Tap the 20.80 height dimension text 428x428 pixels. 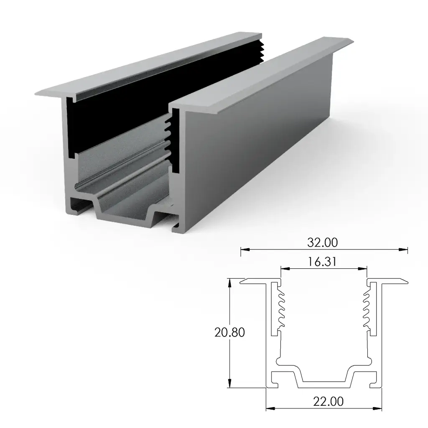click(229, 332)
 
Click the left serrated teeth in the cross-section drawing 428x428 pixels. click(279, 309)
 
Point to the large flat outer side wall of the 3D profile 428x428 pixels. click(259, 138)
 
